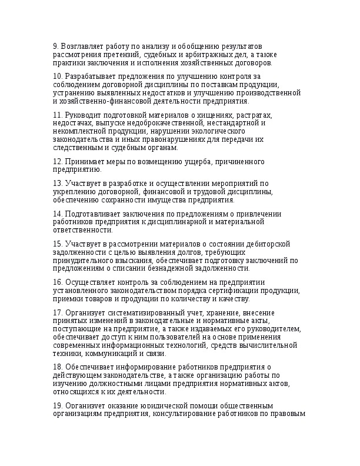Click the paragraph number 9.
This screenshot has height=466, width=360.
55,46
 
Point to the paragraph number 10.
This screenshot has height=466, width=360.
57,77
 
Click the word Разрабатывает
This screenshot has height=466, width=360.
91,77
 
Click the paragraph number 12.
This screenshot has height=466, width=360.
57,162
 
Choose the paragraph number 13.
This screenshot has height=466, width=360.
57,184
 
